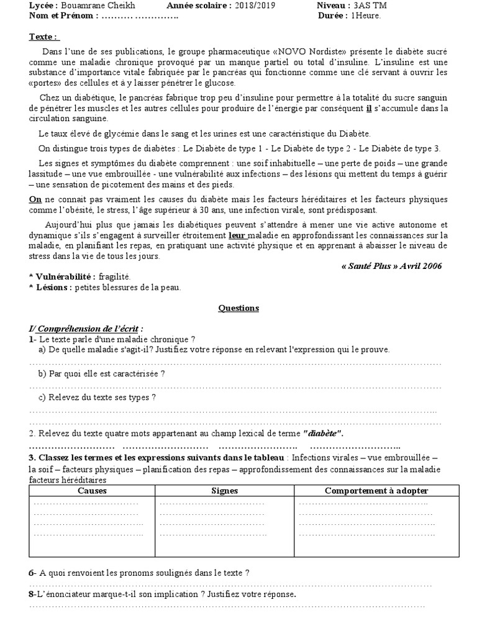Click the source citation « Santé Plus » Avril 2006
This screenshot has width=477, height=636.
point(391,266)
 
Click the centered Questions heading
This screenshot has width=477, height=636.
point(238,308)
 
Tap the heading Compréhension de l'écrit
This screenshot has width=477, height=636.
point(86,328)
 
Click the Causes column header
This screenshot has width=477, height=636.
point(92,491)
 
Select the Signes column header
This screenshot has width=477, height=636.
point(224,491)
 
